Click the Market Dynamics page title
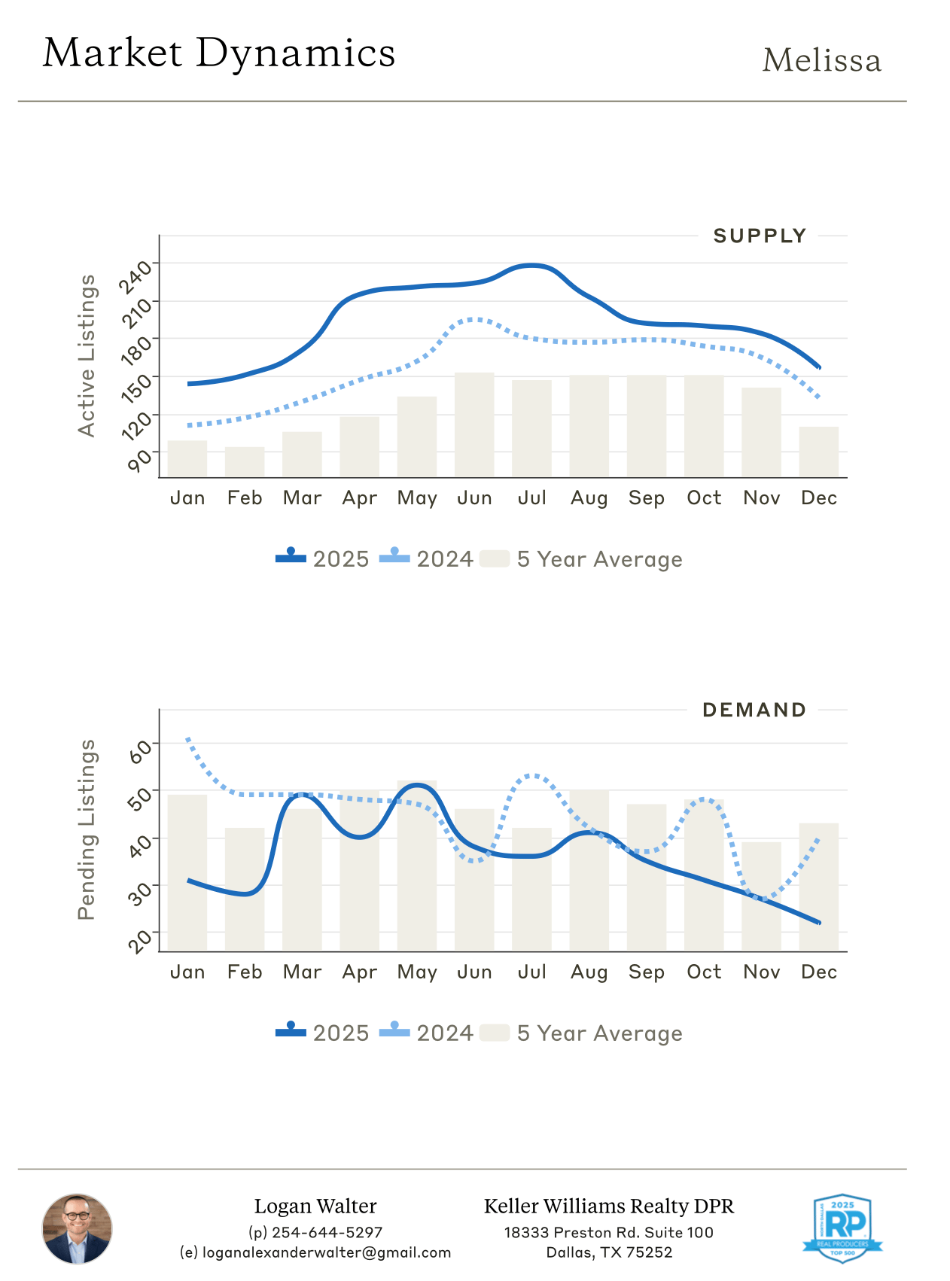pyautogui.click(x=219, y=53)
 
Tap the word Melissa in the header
pyautogui.click(x=821, y=61)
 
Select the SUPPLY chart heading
pyautogui.click(x=760, y=236)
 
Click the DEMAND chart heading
pyautogui.click(x=754, y=710)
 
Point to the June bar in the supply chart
pyautogui.click(x=474, y=425)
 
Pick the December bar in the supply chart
pyautogui.click(x=818, y=452)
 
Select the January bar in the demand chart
pyautogui.click(x=187, y=873)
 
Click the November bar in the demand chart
pyautogui.click(x=761, y=897)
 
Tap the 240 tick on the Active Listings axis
pyautogui.click(x=136, y=278)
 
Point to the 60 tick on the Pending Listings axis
pyautogui.click(x=140, y=751)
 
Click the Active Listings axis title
pyautogui.click(x=87, y=355)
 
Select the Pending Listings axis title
pyautogui.click(x=87, y=829)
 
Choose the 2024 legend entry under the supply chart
pyautogui.click(x=427, y=559)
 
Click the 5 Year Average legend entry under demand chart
pyautogui.click(x=582, y=1033)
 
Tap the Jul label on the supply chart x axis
pyautogui.click(x=531, y=498)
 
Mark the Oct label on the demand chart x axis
pyautogui.click(x=704, y=972)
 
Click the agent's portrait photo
pyautogui.click(x=77, y=1228)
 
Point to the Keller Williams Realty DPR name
pyautogui.click(x=608, y=1206)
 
